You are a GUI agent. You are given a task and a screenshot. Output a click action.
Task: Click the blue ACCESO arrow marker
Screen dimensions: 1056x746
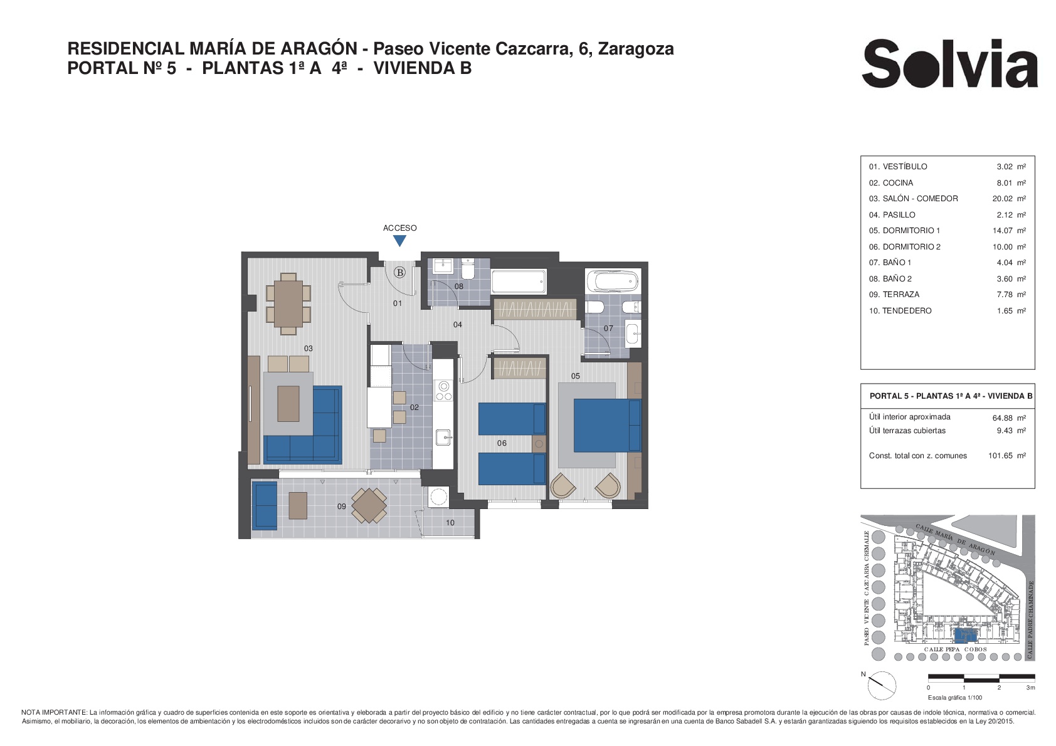(400, 241)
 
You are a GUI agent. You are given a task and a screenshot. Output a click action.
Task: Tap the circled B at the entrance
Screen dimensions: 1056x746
(400, 273)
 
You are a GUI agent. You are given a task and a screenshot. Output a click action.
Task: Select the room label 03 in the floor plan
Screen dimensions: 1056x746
(309, 349)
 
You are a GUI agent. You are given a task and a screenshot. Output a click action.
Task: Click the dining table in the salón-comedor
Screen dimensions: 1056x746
(288, 304)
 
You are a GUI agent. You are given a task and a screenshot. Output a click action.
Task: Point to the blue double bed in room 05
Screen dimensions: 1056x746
(607, 425)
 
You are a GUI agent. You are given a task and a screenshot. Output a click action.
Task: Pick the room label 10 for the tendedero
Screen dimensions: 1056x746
(450, 523)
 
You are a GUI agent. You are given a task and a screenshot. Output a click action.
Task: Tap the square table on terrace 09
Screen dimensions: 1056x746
(369, 506)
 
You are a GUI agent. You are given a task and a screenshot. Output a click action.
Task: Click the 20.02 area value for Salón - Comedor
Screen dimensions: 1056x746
(1002, 199)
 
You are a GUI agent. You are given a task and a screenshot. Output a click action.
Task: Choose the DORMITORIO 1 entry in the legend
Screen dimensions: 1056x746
(911, 231)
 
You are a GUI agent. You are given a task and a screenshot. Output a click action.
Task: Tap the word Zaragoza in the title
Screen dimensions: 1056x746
(636, 49)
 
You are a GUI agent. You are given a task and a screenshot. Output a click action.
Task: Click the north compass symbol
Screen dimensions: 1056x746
(881, 685)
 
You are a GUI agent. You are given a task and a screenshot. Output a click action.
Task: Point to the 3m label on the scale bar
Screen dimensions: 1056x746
(1030, 688)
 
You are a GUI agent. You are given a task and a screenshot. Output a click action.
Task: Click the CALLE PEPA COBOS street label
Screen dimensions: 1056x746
(955, 649)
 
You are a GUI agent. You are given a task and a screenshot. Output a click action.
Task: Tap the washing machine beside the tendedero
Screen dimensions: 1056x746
(438, 496)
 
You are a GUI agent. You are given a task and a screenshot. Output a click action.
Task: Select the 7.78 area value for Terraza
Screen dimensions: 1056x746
(1005, 295)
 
